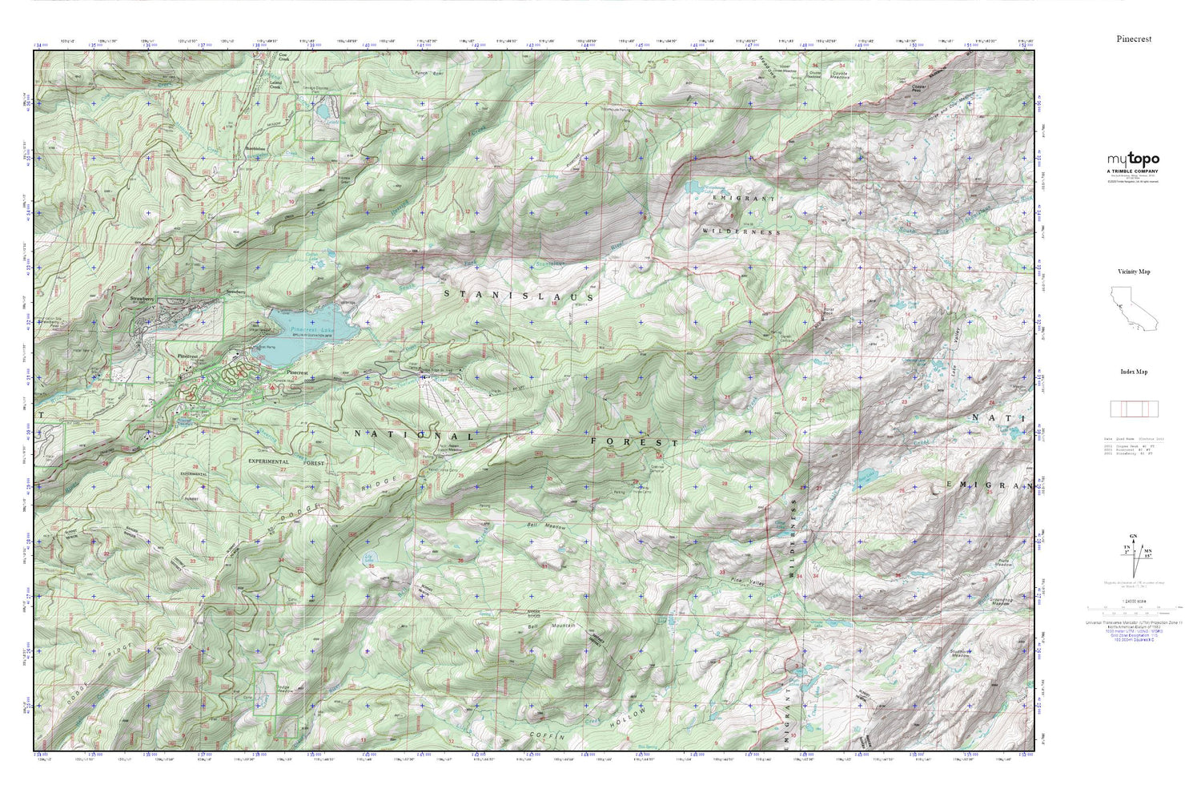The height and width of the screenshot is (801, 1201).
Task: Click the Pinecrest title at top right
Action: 1134,38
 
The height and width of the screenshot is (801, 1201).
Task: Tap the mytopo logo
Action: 1133,159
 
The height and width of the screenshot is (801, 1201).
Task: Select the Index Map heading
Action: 1134,372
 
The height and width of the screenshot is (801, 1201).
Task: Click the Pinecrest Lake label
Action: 313,329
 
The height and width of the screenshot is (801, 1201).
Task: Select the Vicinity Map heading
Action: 1134,272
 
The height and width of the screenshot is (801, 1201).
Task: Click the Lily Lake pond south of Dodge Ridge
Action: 368,558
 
